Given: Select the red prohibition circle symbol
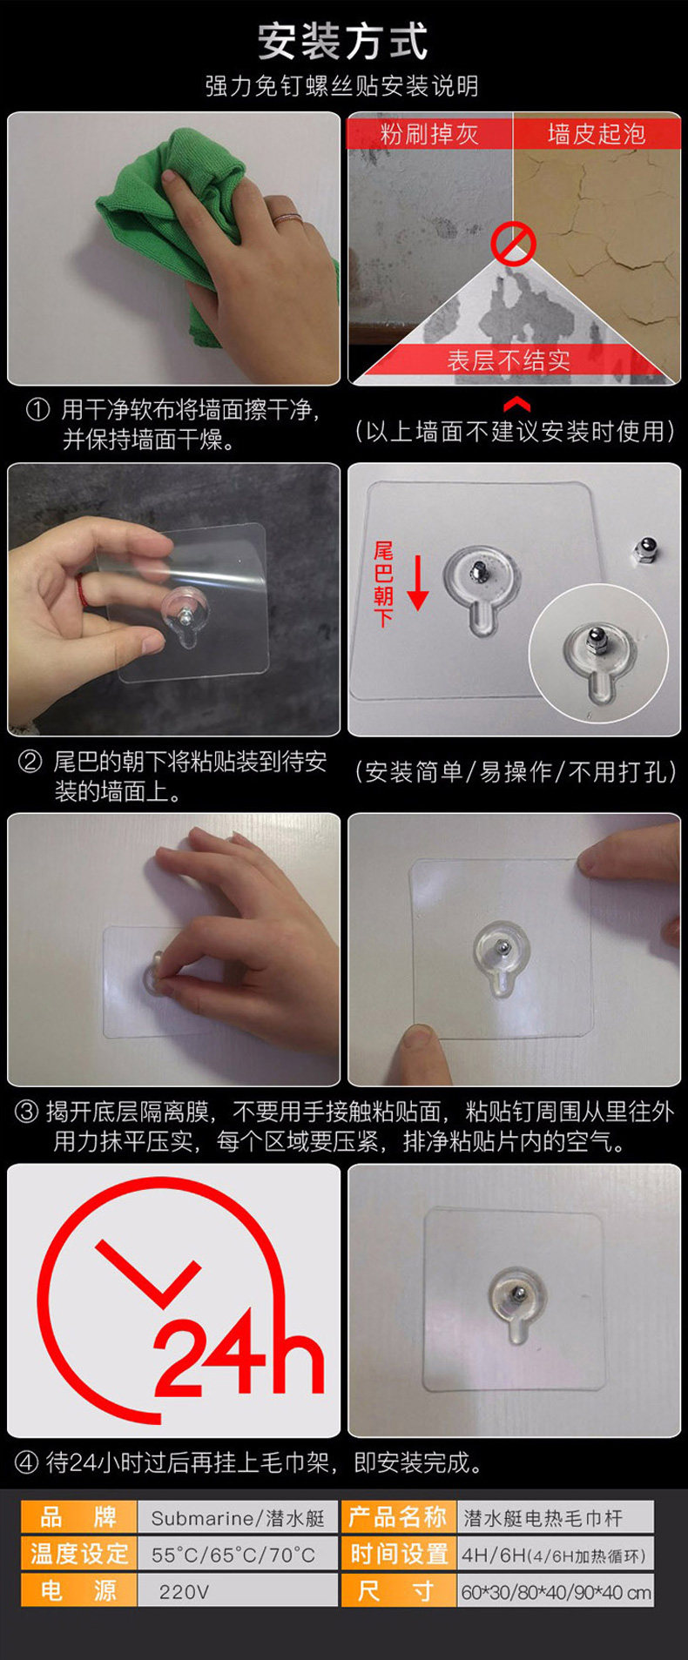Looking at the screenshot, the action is click(x=513, y=243).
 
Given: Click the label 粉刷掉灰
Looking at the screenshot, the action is click(x=429, y=133).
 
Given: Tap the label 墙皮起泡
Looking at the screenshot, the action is click(x=597, y=133).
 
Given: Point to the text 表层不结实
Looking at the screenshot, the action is click(x=509, y=360).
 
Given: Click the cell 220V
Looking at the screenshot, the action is click(x=184, y=1591).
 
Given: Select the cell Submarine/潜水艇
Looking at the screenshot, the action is click(x=237, y=1518).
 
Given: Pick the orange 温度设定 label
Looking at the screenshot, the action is click(x=79, y=1555).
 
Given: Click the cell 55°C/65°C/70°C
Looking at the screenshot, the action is click(x=233, y=1555).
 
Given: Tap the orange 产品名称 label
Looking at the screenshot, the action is click(x=399, y=1518).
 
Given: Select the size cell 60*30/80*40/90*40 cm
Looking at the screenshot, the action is click(x=556, y=1591).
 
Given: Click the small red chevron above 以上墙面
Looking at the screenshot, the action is click(x=516, y=403).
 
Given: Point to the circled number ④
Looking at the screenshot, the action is click(x=27, y=1462).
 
